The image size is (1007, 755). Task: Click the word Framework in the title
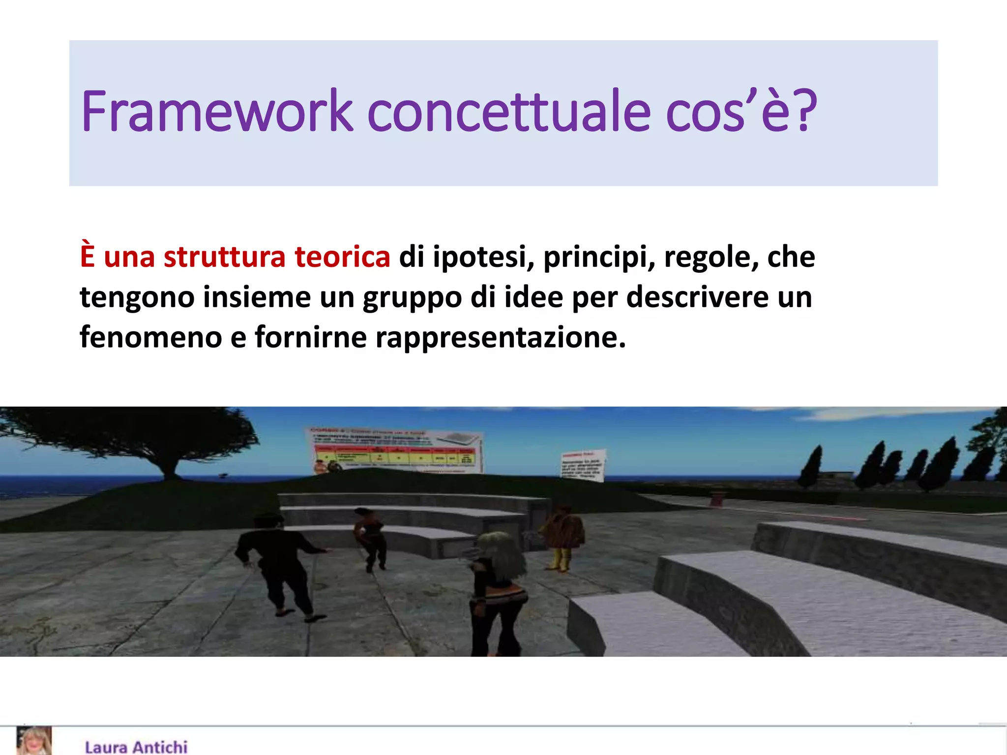click(x=217, y=112)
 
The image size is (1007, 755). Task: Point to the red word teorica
click(x=342, y=257)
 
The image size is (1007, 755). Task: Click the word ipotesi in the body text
click(x=483, y=257)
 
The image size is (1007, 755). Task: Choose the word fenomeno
click(x=150, y=338)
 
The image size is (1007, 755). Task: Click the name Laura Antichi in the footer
click(x=136, y=747)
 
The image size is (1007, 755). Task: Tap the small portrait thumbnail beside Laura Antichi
click(x=34, y=741)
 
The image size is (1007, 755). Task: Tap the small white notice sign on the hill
click(x=583, y=465)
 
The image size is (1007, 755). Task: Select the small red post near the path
click(x=717, y=498)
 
